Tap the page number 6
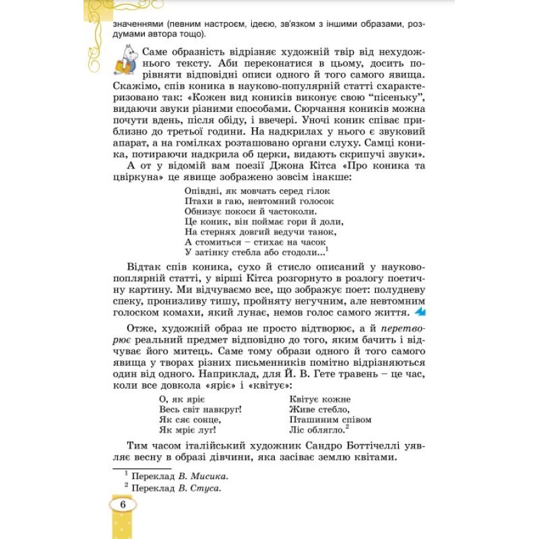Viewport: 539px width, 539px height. [123, 505]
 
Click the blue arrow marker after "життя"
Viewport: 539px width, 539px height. [420, 313]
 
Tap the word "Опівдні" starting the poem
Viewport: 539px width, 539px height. [201, 191]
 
